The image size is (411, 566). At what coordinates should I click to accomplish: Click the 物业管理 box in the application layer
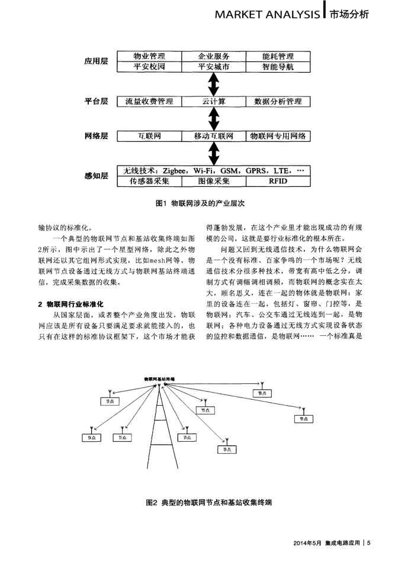(x=149, y=57)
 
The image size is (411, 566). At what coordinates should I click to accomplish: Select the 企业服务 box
(x=213, y=57)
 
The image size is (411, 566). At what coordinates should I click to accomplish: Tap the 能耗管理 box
(x=277, y=57)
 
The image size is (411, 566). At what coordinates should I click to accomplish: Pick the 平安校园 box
(x=149, y=67)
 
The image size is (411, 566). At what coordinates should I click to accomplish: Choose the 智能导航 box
(x=277, y=67)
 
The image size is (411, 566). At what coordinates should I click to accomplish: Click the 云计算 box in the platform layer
(x=213, y=102)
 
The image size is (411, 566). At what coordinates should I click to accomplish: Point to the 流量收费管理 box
(x=149, y=102)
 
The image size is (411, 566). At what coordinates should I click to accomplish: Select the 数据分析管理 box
(x=277, y=102)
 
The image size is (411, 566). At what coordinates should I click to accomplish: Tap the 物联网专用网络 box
(x=277, y=136)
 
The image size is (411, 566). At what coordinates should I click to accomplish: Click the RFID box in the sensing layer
(x=277, y=181)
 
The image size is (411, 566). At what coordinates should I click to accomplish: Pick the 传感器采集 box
(x=149, y=181)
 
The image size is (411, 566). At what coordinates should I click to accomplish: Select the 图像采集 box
(x=213, y=181)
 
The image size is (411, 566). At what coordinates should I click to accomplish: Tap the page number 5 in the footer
(x=368, y=544)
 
